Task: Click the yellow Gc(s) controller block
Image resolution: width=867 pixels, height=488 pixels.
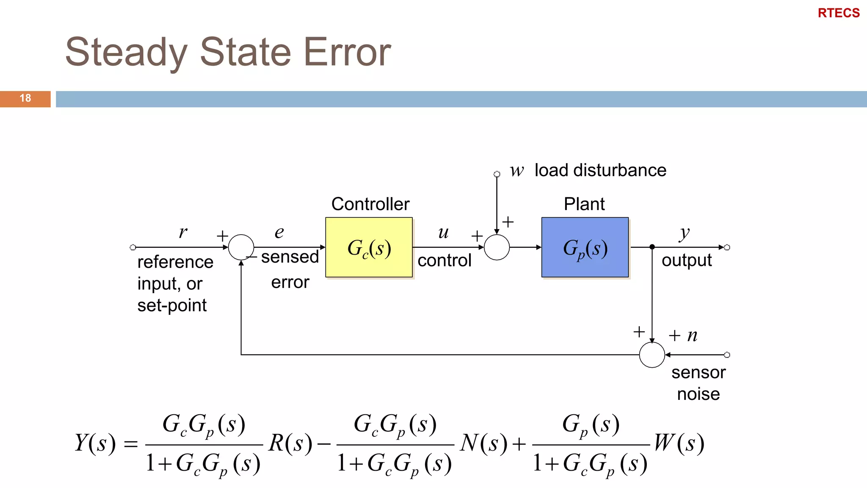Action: [369, 247]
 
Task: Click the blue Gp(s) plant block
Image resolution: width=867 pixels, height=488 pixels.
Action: [585, 247]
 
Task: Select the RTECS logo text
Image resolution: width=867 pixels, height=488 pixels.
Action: [838, 13]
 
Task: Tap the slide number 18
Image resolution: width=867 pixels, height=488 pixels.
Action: [25, 98]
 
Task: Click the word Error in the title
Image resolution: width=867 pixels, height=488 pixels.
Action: [347, 52]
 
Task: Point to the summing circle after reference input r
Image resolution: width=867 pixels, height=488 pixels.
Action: [241, 247]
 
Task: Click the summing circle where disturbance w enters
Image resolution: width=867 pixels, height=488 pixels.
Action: [497, 247]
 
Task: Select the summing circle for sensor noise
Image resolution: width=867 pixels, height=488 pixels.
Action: [652, 355]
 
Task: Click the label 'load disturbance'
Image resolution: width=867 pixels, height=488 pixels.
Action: [600, 170]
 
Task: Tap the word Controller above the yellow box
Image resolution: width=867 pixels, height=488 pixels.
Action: [370, 204]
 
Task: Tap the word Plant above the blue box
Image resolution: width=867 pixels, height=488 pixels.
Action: [584, 204]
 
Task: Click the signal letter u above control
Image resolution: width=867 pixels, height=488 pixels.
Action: [443, 232]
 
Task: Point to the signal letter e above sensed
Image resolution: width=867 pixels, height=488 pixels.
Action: [279, 232]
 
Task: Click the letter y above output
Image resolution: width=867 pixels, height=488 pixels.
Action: [684, 233]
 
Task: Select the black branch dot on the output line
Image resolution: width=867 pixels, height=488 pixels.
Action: [652, 247]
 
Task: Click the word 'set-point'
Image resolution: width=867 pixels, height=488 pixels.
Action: [172, 305]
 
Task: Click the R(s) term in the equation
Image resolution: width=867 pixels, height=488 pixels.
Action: [290, 443]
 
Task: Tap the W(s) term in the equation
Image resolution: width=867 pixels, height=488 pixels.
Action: [679, 443]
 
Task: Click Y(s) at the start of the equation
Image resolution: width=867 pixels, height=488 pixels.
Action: [95, 443]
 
